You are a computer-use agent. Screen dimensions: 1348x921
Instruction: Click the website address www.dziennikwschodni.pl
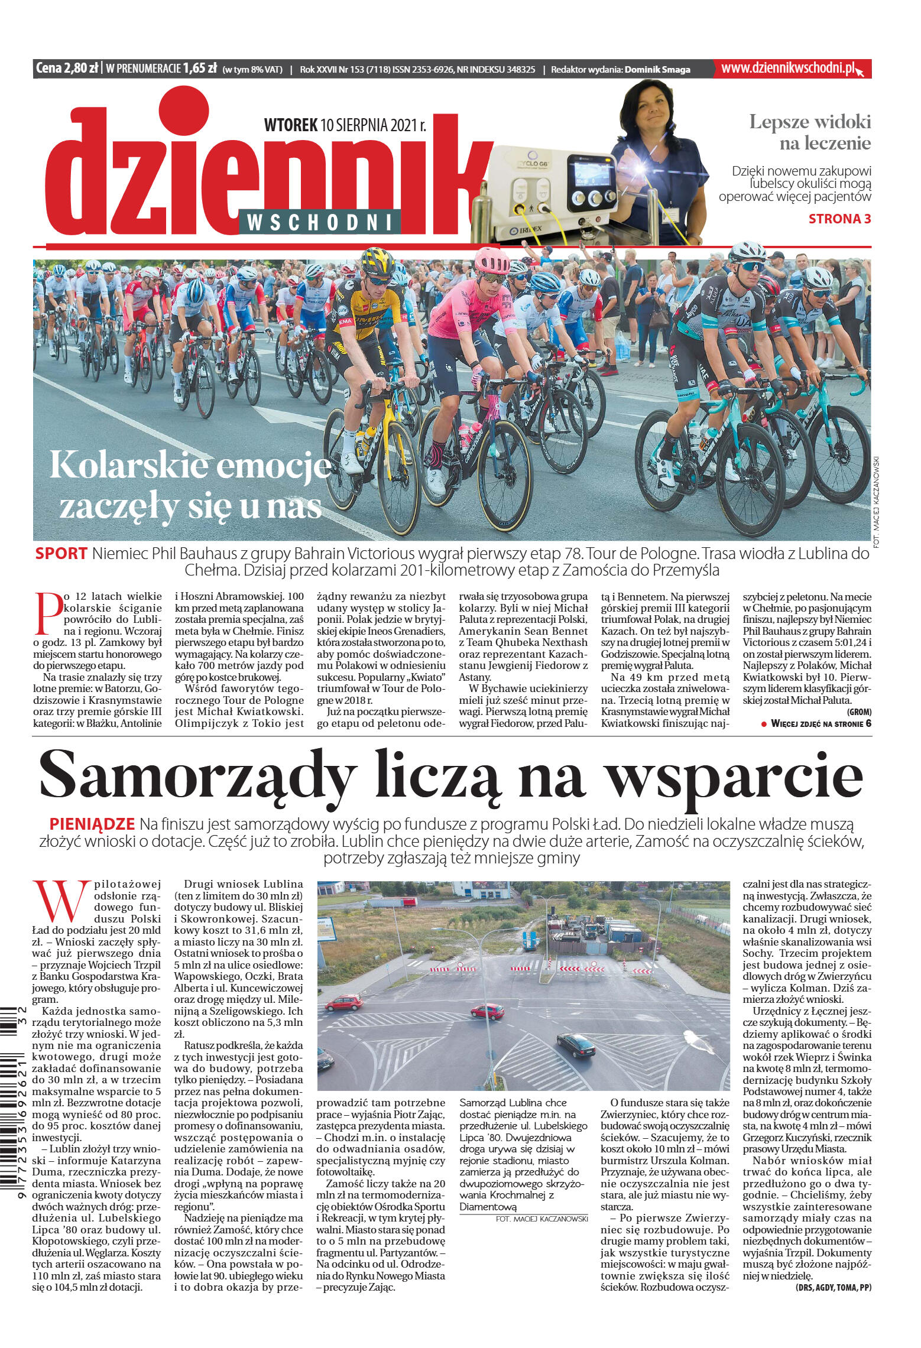(x=789, y=69)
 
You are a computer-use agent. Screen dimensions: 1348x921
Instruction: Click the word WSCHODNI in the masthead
(x=320, y=223)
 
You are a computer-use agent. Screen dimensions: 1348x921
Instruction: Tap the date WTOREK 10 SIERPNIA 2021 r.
(x=345, y=125)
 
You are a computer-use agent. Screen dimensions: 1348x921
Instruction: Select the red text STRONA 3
(x=839, y=219)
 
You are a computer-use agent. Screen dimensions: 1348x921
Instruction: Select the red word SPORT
(x=61, y=554)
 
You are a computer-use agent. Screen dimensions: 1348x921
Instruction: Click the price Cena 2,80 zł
(x=66, y=69)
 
